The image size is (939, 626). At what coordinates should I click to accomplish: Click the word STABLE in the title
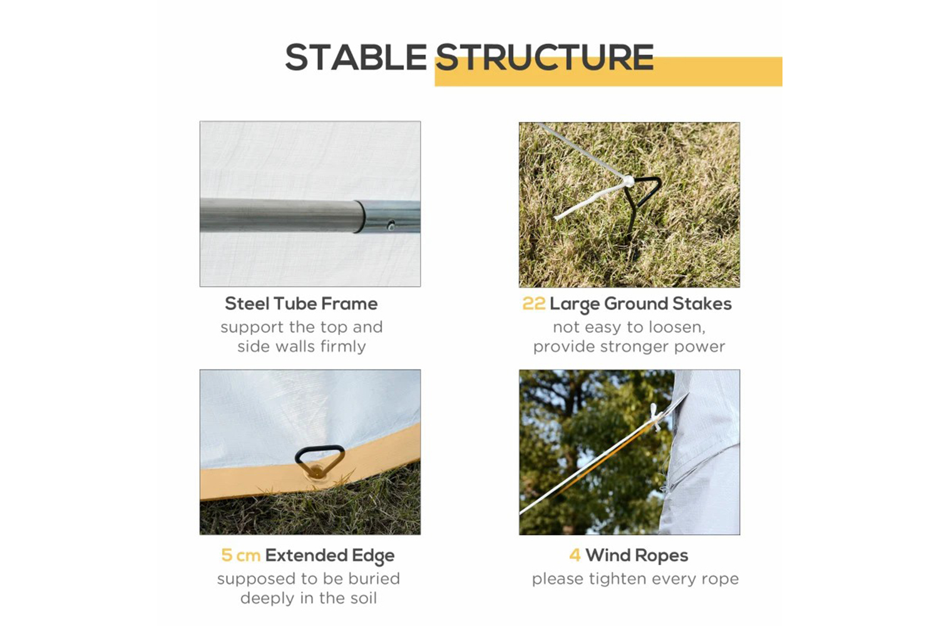(356, 58)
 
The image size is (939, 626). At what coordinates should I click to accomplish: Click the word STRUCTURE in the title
(545, 58)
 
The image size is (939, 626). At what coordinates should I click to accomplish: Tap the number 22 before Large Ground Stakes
(533, 304)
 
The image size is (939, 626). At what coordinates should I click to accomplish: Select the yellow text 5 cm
(240, 555)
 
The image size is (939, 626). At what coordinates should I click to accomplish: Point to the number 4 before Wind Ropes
(575, 555)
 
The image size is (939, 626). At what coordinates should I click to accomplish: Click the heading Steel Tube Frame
(301, 304)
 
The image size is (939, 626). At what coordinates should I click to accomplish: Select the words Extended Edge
(330, 555)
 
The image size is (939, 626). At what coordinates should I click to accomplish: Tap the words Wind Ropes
(637, 555)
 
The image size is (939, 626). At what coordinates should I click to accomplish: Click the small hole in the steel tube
(391, 225)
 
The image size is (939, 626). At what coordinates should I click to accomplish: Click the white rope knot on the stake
(628, 182)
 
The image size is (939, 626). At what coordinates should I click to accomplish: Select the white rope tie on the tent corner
(654, 417)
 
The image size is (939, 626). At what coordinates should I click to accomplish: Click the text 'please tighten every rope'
(635, 578)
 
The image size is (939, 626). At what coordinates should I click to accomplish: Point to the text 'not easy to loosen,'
(629, 327)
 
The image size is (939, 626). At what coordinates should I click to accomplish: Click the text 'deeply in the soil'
(309, 598)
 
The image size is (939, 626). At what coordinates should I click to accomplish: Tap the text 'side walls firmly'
(301, 346)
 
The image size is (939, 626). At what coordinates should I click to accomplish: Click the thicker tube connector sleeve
(387, 217)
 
